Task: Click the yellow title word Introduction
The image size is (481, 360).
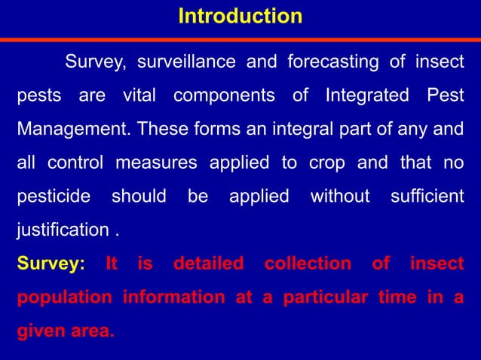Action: pos(240,16)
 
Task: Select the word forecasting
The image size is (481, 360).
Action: pos(335,63)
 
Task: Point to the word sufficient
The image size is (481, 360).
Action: pos(427,197)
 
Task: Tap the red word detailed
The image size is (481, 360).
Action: pos(208,264)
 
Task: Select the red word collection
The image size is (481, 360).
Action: pos(308,264)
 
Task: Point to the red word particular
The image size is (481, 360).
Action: pos(324,297)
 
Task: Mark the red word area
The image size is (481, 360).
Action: pos(96,331)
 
